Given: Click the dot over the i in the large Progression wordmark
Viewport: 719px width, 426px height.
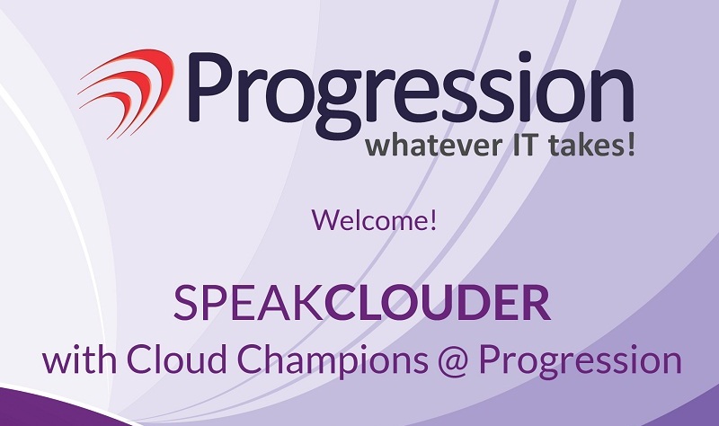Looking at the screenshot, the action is point(525,58).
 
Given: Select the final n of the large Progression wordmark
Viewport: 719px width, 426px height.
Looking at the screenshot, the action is point(610,96).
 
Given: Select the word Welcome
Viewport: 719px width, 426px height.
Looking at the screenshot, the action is point(370,220).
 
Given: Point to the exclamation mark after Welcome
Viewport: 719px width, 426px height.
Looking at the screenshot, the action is point(433,220).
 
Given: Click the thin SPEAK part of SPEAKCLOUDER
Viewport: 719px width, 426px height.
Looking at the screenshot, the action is point(249,303).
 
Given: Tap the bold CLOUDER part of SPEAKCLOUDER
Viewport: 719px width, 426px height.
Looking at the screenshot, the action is point(438,303).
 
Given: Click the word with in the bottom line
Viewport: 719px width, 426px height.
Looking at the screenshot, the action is point(79,360).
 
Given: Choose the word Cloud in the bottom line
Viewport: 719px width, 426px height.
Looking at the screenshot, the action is point(176,360).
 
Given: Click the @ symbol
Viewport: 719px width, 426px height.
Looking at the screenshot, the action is point(453,362).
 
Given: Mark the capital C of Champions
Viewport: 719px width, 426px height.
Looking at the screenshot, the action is point(251,360).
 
